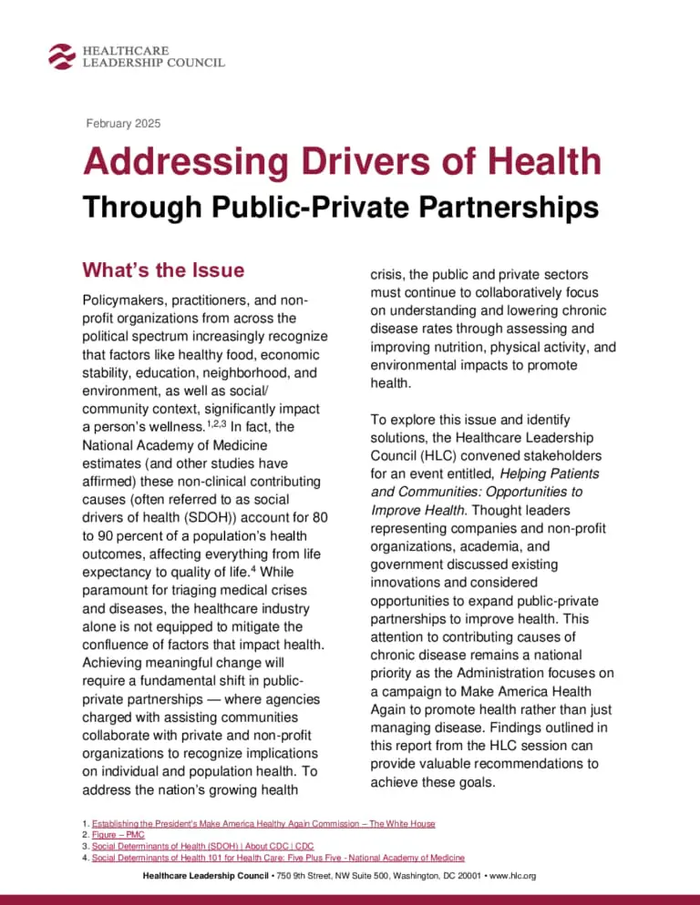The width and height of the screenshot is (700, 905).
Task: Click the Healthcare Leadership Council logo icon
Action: pyautogui.click(x=62, y=55)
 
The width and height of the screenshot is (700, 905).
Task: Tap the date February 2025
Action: pyautogui.click(x=120, y=123)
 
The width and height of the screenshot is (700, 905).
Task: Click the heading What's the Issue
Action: pyautogui.click(x=163, y=269)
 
